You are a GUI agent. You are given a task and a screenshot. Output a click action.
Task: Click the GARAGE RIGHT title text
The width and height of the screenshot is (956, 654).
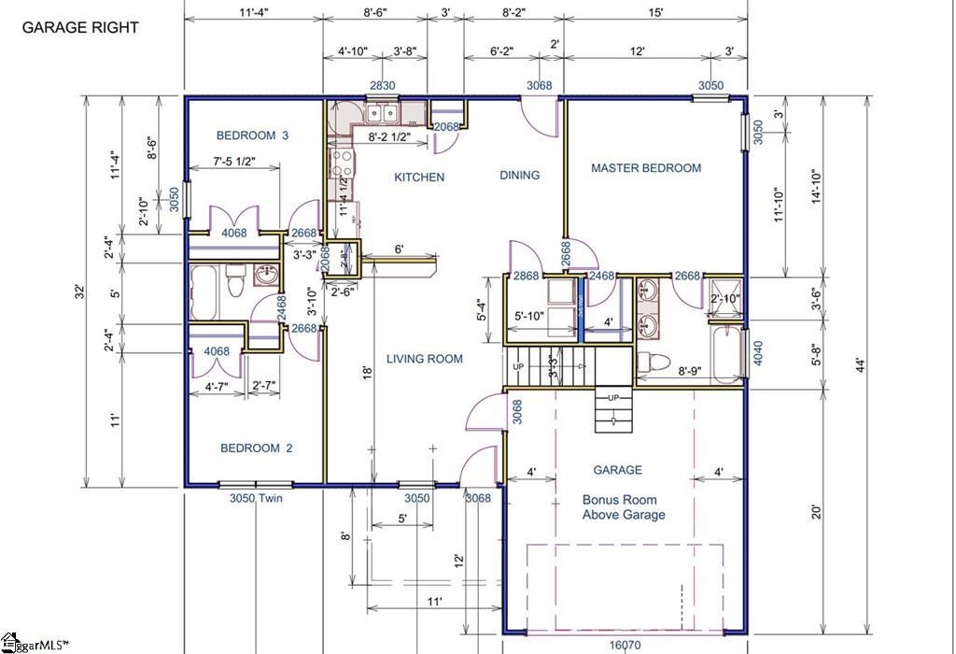(80, 27)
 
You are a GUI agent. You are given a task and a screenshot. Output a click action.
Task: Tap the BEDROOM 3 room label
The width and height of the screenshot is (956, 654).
(252, 135)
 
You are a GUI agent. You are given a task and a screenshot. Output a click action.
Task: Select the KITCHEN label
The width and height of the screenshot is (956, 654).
(419, 177)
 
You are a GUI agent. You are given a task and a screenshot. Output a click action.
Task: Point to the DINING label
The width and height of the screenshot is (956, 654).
(519, 175)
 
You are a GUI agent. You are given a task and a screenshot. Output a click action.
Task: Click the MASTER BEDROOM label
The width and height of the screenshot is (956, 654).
(646, 168)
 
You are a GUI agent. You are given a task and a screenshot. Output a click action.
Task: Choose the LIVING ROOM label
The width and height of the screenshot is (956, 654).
(425, 358)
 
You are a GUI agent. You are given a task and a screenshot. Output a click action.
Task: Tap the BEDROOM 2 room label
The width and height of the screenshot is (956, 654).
(256, 448)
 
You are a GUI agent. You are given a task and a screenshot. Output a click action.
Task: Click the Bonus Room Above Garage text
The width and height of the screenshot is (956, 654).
(624, 507)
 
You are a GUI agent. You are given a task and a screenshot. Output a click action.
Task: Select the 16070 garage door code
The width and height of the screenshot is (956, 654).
(626, 646)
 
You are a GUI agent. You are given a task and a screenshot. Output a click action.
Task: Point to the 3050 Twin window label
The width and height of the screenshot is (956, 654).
(256, 499)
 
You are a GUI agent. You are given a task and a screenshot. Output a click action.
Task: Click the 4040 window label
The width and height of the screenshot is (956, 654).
(758, 351)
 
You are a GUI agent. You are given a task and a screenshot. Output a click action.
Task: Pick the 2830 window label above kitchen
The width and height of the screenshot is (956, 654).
(382, 86)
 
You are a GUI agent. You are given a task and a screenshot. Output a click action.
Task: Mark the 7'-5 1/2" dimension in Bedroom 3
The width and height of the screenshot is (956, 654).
(234, 163)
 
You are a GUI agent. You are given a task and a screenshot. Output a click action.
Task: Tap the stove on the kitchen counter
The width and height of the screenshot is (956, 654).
(341, 164)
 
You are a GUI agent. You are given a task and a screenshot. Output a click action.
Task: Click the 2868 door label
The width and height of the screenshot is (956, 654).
(526, 276)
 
